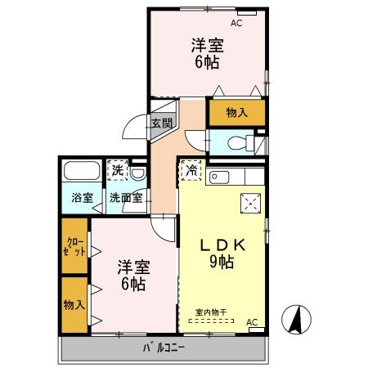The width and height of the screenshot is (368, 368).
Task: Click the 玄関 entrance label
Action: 161,124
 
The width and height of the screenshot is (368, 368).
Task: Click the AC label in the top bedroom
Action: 236,24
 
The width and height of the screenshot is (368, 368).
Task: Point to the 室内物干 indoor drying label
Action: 211,312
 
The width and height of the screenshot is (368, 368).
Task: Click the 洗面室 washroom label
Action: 127,197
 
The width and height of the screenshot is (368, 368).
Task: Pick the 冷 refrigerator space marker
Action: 191,170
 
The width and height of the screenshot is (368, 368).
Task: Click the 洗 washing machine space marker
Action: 119,170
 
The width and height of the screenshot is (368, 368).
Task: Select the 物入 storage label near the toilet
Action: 236,111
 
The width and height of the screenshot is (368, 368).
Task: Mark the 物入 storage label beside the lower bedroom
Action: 73,304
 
